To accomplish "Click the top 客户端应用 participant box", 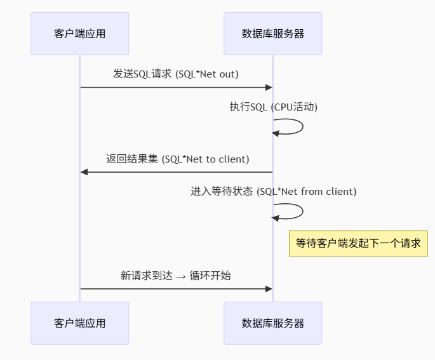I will click(x=80, y=34).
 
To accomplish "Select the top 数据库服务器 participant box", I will click(x=273, y=34).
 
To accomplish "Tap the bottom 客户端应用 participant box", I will click(x=80, y=323).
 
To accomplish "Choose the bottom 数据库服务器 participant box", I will click(x=273, y=323).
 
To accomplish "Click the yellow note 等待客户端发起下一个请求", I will click(x=358, y=243).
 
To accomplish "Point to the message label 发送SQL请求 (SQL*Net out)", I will click(x=176, y=74).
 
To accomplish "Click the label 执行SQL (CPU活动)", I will click(x=273, y=107).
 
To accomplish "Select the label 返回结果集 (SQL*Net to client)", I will click(x=177, y=159).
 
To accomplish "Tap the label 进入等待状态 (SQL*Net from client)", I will click(x=273, y=191).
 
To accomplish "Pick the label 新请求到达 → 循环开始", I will click(x=176, y=276).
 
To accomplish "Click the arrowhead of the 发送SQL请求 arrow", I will click(x=269, y=88).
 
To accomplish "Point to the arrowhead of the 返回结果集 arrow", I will click(x=84, y=172).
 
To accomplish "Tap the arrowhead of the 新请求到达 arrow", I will click(x=269, y=289).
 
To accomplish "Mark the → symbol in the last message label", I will click(x=181, y=276).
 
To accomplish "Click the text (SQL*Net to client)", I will click(x=206, y=159).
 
